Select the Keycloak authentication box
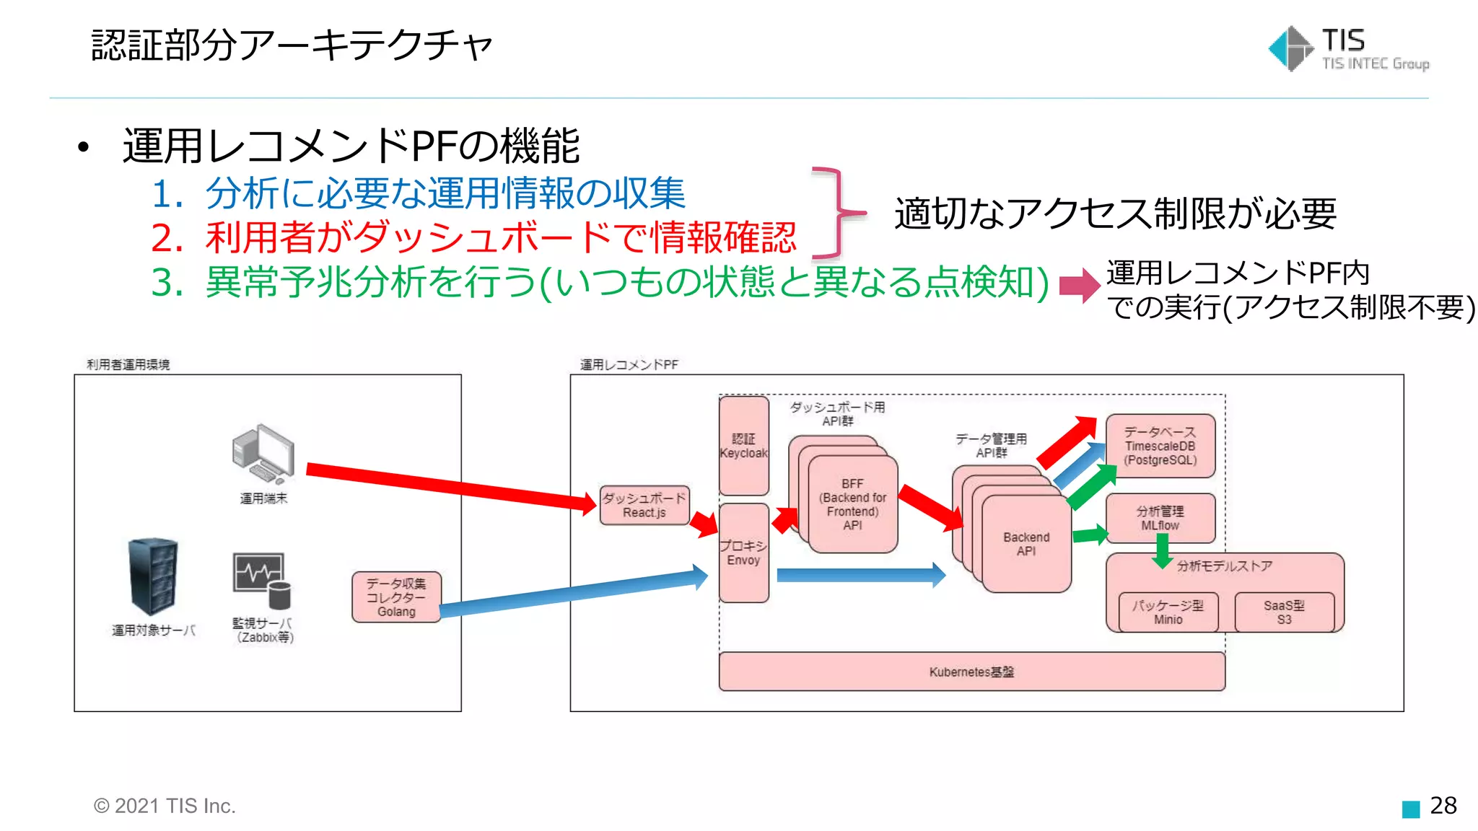point(743,445)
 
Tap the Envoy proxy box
point(743,553)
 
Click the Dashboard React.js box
point(644,505)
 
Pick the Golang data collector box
point(396,597)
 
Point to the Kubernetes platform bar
point(971,672)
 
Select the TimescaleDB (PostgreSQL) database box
point(1160,446)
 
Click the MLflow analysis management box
point(1160,517)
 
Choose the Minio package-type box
point(1168,612)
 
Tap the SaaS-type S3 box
point(1284,612)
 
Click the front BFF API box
point(853,505)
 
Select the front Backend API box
point(1026,545)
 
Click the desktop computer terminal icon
point(263,454)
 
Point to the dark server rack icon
point(153,576)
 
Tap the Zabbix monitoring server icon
point(261,581)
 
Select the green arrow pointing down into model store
point(1162,551)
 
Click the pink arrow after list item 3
point(1079,286)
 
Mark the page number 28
point(1443,805)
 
